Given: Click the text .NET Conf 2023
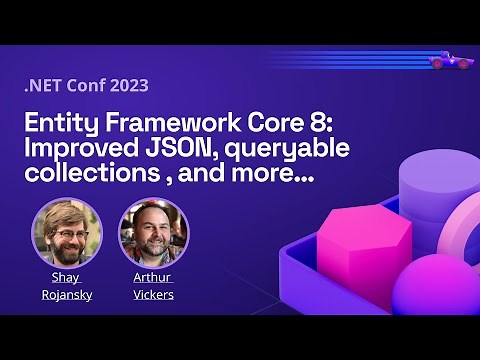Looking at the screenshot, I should [86, 85].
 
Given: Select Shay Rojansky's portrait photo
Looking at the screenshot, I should [66, 232].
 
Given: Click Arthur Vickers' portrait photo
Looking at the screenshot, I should [153, 233].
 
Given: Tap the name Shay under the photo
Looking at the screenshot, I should [65, 277].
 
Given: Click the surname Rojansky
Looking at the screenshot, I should [65, 294].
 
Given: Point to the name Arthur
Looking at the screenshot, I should [153, 277].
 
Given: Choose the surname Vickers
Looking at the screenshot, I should [153, 294].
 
